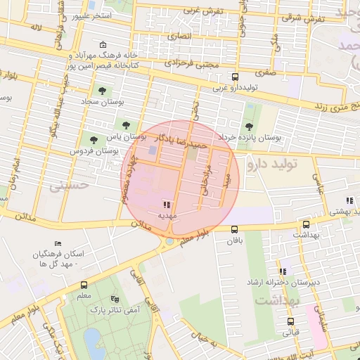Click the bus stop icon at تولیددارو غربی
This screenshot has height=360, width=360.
click(235, 77)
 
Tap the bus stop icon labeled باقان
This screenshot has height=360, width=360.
click(235, 229)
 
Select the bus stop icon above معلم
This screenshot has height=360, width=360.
click(84, 285)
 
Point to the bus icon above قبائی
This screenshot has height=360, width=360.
click(290, 322)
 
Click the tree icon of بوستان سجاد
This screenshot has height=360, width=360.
click(103, 90)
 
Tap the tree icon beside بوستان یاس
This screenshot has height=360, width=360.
click(126, 126)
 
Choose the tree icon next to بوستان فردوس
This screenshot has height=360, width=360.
click(92, 139)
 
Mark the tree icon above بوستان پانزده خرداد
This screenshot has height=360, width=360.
click(250, 125)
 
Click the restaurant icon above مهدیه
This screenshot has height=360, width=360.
click(166, 204)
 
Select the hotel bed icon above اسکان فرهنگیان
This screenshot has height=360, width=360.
click(58, 243)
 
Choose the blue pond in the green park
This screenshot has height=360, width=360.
click(91, 340)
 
